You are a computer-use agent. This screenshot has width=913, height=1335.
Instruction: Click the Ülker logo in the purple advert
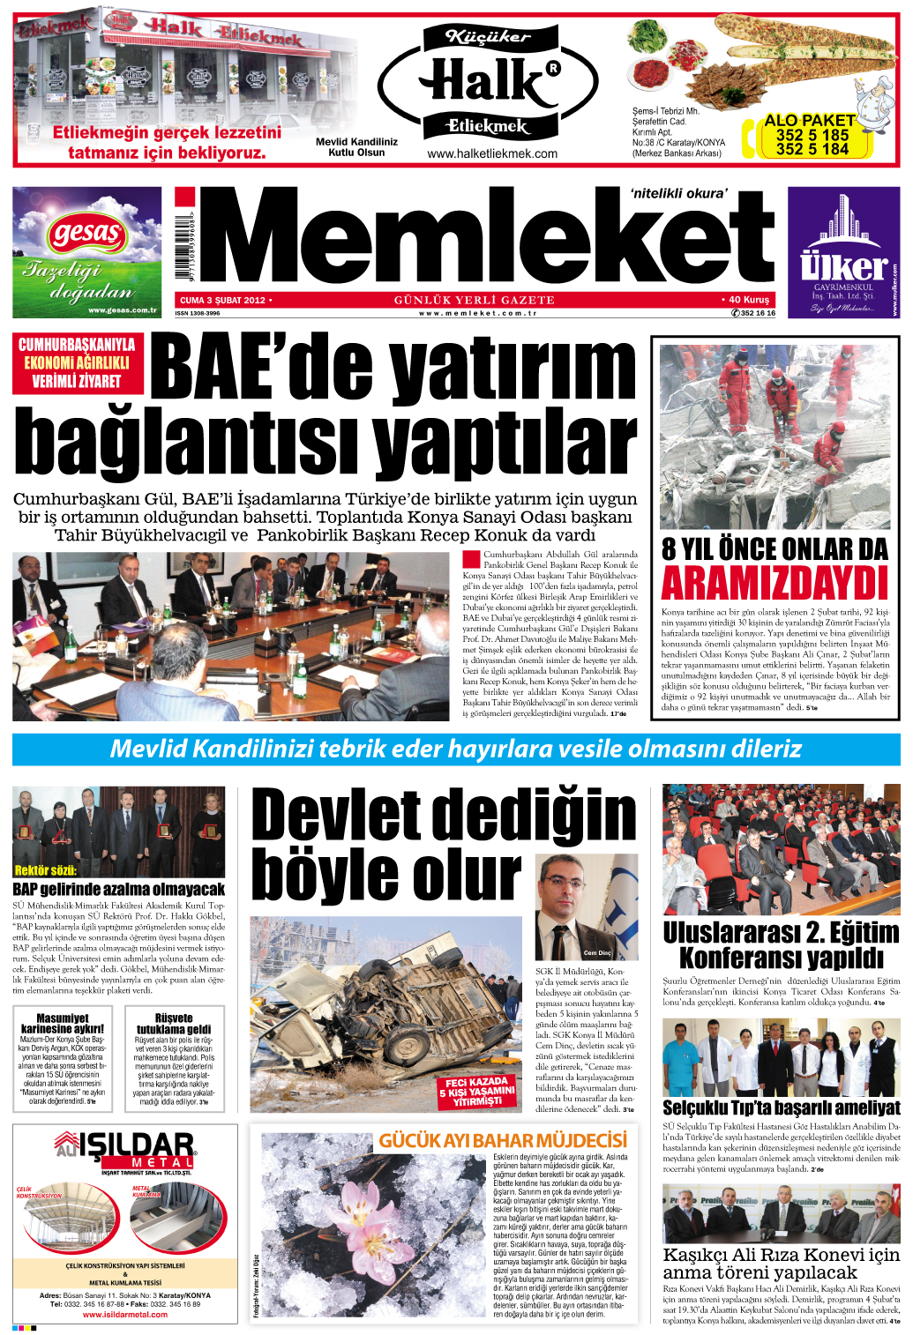(x=842, y=265)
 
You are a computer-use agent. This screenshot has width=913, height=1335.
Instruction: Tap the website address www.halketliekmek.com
(x=491, y=153)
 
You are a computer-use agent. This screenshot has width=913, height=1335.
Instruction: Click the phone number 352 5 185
(x=812, y=135)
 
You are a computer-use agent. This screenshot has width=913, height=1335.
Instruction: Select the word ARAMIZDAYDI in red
(x=775, y=584)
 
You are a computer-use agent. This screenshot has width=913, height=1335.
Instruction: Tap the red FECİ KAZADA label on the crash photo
(x=477, y=1091)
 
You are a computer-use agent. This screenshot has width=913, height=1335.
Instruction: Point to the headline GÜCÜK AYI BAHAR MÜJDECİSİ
(x=503, y=1140)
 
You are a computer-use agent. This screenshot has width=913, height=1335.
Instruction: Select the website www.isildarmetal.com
(x=125, y=1314)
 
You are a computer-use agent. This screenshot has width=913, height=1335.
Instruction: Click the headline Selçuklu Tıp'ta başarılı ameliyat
(x=781, y=1108)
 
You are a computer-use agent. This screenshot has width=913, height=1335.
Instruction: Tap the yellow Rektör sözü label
(x=45, y=870)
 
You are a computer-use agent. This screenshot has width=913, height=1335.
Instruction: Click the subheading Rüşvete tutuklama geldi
(x=173, y=1023)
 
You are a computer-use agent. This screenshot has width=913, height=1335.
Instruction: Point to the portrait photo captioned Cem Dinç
(x=586, y=907)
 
